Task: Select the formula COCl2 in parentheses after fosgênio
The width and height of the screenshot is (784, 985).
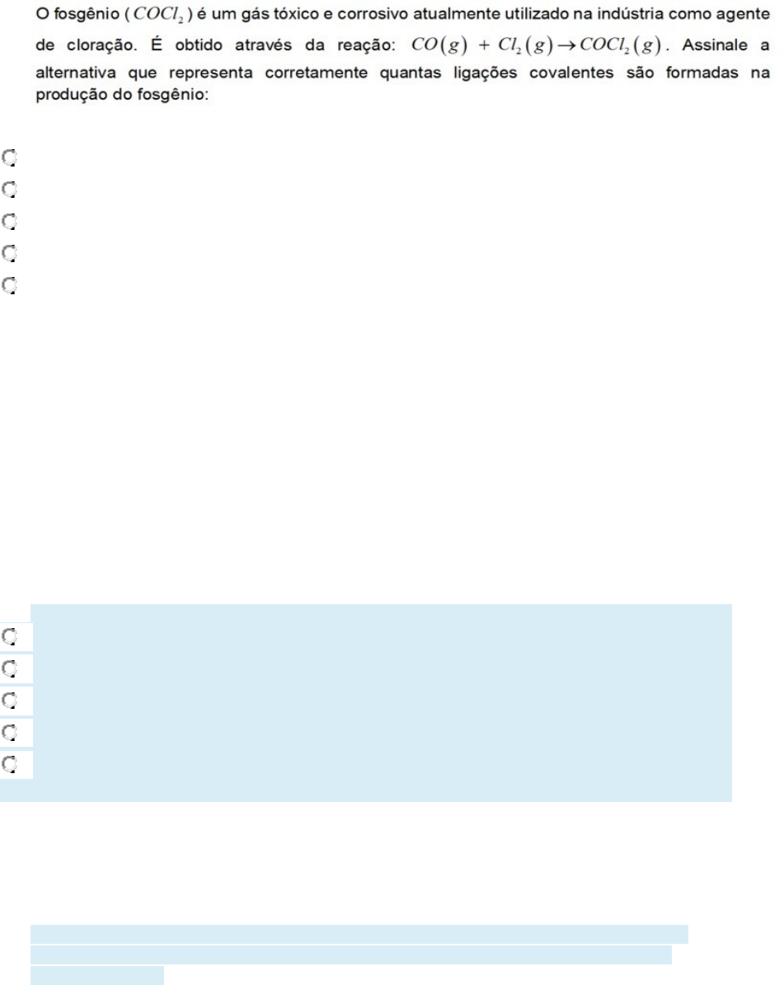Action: click(x=167, y=19)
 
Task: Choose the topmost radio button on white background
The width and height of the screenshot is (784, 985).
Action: click(x=9, y=156)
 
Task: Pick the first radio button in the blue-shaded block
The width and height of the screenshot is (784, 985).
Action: click(x=9, y=636)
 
